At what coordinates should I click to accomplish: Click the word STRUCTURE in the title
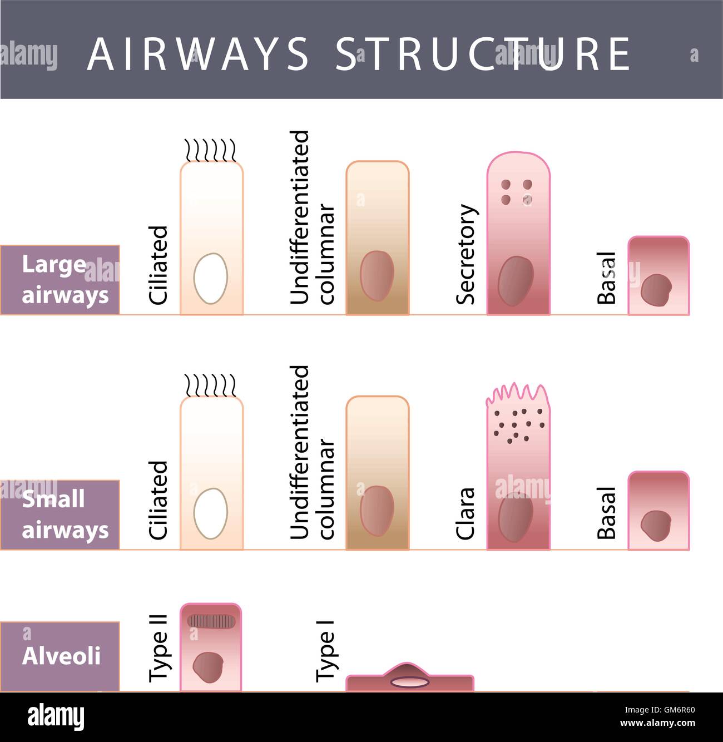click(x=483, y=54)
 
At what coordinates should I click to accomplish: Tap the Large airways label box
click(x=60, y=280)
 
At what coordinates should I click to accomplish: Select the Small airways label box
click(x=60, y=515)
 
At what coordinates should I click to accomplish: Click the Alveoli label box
click(x=60, y=656)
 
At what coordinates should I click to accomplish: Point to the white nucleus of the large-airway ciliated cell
click(x=210, y=278)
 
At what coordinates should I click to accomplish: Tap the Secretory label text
click(x=466, y=254)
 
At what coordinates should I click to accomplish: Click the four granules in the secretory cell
click(x=517, y=191)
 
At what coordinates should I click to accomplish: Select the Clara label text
click(x=466, y=513)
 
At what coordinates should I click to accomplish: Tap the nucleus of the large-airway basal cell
click(x=656, y=289)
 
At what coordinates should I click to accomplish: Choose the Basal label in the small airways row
click(x=607, y=513)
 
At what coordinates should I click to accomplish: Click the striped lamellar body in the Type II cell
click(x=211, y=621)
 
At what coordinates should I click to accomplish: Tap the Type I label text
click(x=325, y=651)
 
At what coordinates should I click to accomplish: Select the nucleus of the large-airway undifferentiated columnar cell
click(x=377, y=275)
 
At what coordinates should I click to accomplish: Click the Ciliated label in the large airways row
click(x=159, y=265)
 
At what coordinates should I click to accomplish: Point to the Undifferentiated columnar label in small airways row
click(x=313, y=452)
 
